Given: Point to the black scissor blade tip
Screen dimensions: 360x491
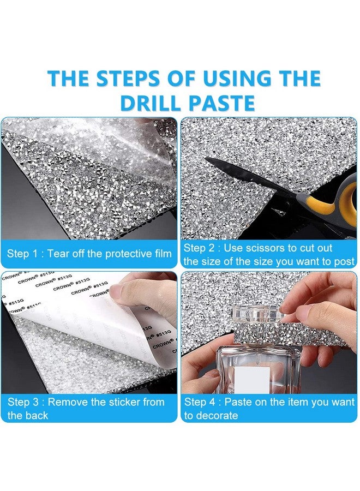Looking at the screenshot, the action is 207,160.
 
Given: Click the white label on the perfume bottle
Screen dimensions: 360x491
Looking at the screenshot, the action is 252,380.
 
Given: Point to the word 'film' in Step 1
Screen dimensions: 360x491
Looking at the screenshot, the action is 164,253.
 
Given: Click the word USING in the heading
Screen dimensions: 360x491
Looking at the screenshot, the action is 236,78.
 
